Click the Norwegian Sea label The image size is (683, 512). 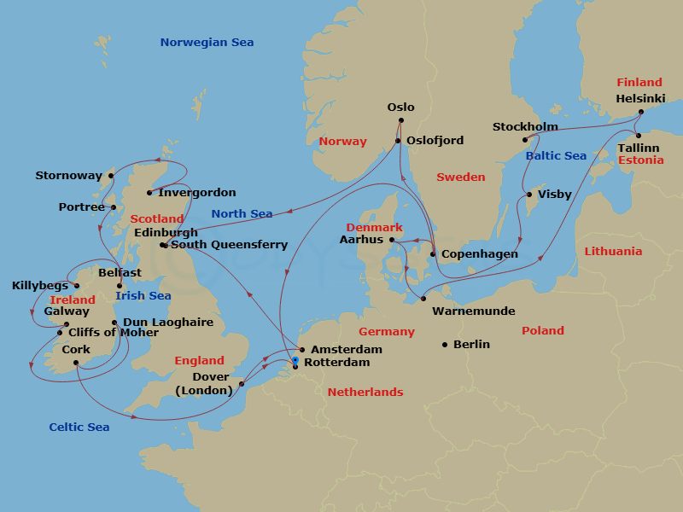tap(207, 43)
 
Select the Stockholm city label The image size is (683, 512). tap(519, 127)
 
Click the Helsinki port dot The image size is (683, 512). tap(641, 112)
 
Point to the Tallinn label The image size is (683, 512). tap(639, 148)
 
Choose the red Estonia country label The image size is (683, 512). tap(640, 160)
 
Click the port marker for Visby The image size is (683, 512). tap(528, 195)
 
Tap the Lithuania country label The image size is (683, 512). tap(613, 251)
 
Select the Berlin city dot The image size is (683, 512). tap(445, 345)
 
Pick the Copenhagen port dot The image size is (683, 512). tap(433, 254)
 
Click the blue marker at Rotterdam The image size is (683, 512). tap(295, 361)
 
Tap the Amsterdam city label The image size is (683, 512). tap(346, 349)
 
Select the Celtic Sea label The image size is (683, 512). tap(79, 427)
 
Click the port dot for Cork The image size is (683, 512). tap(76, 363)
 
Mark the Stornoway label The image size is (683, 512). tap(68, 176)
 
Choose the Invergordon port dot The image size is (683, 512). tap(149, 193)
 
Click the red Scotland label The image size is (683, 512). tap(156, 219)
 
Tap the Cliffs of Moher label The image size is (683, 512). tap(113, 332)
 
